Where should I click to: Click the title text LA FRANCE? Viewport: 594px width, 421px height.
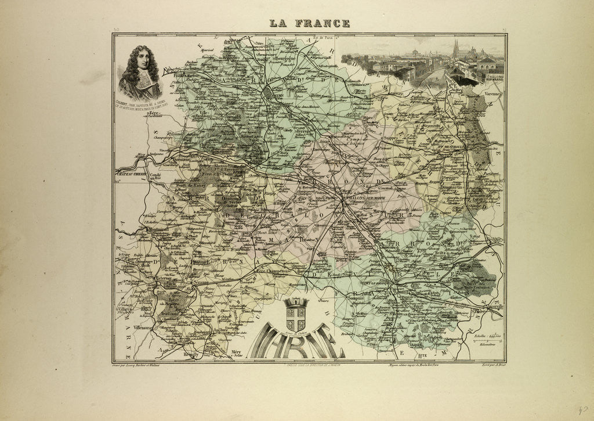coord(309,23)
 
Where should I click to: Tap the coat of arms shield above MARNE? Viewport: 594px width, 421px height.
coord(296,316)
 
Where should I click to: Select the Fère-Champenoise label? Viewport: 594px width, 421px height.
coord(273,271)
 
